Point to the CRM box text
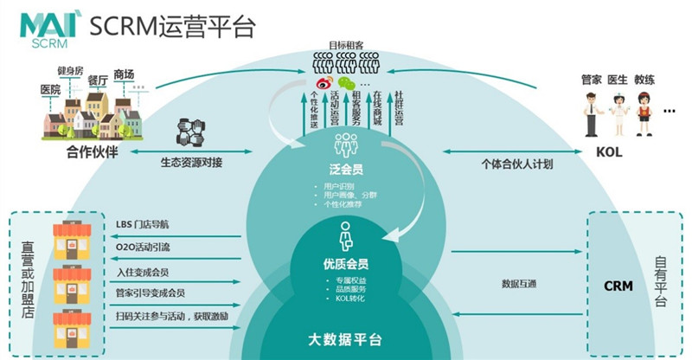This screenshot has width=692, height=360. click(618, 286)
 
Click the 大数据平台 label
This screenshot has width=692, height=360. click(345, 337)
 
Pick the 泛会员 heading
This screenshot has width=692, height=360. click(345, 165)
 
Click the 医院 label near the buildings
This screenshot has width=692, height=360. click(50, 89)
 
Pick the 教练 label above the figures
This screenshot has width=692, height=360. click(646, 79)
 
